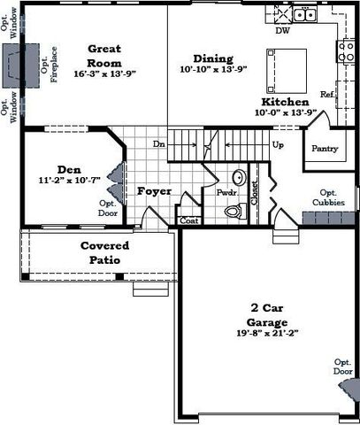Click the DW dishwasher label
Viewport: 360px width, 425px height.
283,30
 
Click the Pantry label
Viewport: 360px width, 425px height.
320,149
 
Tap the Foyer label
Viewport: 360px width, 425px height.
154,190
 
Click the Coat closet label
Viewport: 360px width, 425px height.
188,221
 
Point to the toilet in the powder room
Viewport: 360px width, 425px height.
234,211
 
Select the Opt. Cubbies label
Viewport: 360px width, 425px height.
328,197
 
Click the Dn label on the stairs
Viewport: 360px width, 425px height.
159,143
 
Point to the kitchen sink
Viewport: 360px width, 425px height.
305,13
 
